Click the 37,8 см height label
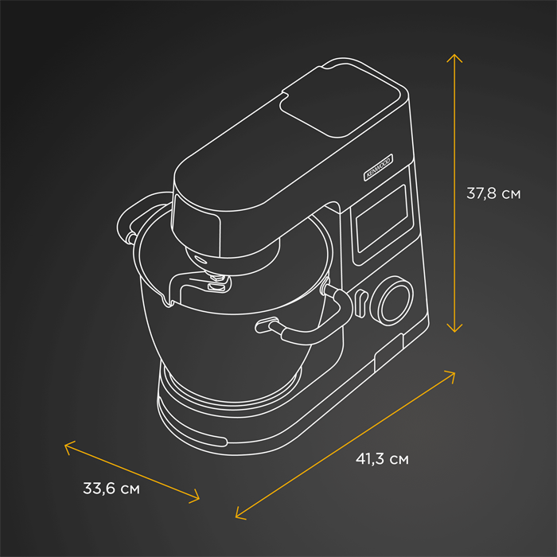493,193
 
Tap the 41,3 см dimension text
382,458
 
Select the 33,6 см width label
111,488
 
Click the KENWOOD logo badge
378,167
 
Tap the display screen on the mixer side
382,219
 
